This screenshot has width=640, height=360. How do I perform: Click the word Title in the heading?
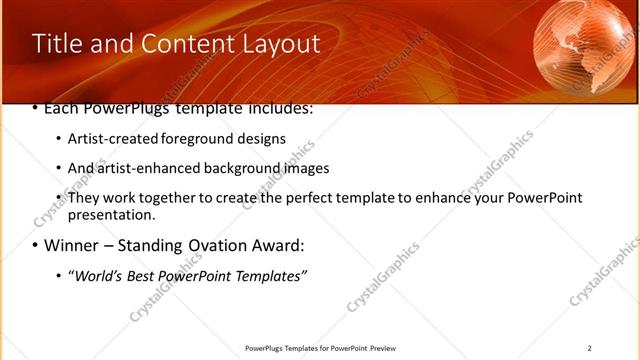pos(54,44)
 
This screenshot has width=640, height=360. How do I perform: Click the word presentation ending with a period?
pos(111,215)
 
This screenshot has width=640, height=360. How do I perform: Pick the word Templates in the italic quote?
pos(271,276)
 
